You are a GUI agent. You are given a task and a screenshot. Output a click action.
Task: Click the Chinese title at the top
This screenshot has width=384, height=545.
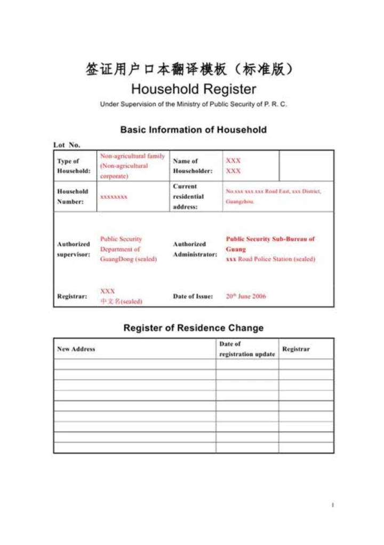(x=189, y=69)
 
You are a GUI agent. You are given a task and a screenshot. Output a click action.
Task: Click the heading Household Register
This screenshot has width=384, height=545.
(x=193, y=89)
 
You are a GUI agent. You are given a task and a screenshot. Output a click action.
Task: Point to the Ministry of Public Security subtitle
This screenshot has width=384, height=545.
(x=193, y=104)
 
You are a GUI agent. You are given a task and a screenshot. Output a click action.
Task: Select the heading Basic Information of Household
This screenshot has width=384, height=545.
(x=193, y=130)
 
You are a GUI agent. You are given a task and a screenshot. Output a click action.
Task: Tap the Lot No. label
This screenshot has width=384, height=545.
(x=67, y=145)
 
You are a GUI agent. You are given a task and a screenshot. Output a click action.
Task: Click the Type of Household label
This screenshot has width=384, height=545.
(x=74, y=166)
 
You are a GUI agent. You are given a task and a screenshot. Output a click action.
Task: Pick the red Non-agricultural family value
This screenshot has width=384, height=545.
(x=132, y=166)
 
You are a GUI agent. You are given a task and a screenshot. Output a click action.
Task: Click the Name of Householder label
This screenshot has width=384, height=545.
(x=193, y=166)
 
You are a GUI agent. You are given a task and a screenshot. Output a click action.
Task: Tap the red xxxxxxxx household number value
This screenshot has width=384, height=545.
(x=114, y=197)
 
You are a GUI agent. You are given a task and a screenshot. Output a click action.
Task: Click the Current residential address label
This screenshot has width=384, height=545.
(x=188, y=196)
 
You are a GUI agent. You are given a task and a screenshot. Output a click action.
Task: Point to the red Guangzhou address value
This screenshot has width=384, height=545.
(x=273, y=196)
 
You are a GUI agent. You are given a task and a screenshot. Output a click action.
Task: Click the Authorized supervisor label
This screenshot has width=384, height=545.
(x=74, y=249)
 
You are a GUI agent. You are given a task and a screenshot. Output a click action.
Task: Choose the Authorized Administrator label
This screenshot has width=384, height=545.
(x=195, y=249)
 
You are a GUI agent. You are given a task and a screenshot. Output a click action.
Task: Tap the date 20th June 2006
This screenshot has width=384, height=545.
(x=246, y=296)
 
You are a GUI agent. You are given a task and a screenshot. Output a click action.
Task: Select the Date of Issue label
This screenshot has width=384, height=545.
(x=193, y=296)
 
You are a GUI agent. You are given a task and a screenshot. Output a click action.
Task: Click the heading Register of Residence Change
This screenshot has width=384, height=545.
(x=193, y=328)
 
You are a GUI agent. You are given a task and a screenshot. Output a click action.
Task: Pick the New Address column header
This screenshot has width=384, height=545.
(x=76, y=349)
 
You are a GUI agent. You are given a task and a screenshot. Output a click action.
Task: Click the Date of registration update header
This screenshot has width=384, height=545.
(x=247, y=349)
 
